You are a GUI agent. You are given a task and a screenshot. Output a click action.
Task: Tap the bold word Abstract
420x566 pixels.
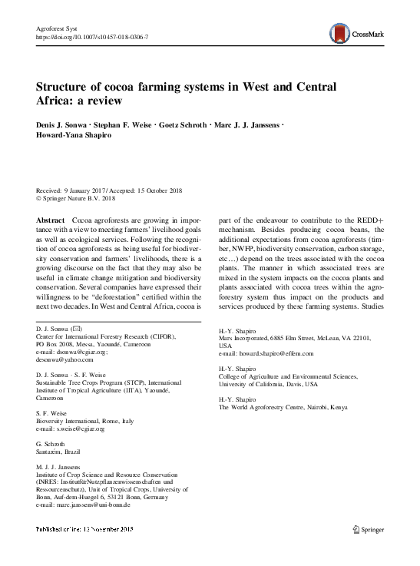coord(51,220)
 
